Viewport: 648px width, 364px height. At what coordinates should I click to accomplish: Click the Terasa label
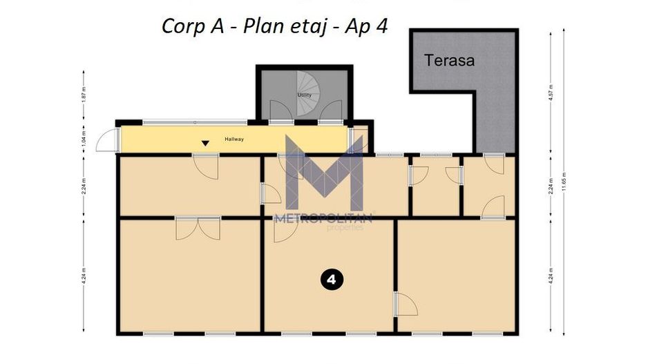(450, 60)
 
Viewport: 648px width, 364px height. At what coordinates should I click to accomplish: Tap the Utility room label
(304, 95)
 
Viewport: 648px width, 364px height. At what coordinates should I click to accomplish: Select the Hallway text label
(234, 139)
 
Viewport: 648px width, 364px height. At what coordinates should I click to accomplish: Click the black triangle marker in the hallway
(205, 144)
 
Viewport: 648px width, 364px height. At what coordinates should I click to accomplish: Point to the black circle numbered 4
(332, 279)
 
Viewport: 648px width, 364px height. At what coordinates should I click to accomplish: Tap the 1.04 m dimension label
(83, 140)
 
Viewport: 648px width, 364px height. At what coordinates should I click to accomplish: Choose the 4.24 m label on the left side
(83, 276)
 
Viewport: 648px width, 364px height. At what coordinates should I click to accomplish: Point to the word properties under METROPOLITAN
(344, 228)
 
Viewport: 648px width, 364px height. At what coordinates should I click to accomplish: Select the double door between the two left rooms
(198, 227)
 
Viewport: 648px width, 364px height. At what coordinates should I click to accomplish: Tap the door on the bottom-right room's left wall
(404, 304)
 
